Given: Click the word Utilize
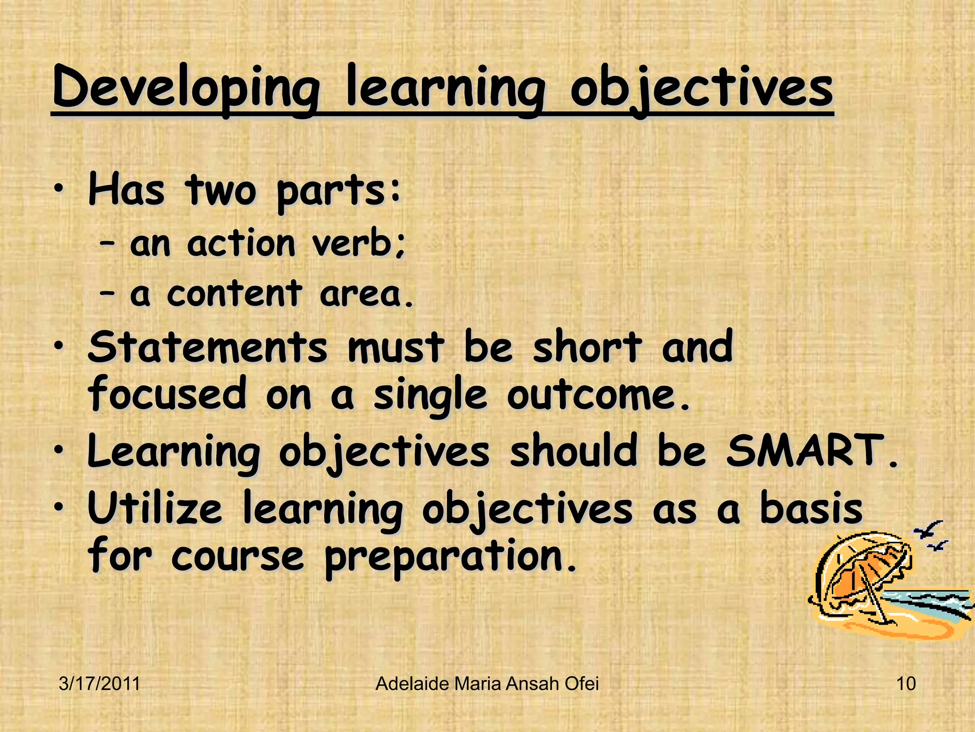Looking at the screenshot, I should point(155,508).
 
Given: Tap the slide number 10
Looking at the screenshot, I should point(905,684).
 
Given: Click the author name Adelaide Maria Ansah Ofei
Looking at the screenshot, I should point(487,684).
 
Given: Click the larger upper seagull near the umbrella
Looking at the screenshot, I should point(928,529).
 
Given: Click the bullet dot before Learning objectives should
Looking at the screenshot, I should point(58,451).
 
